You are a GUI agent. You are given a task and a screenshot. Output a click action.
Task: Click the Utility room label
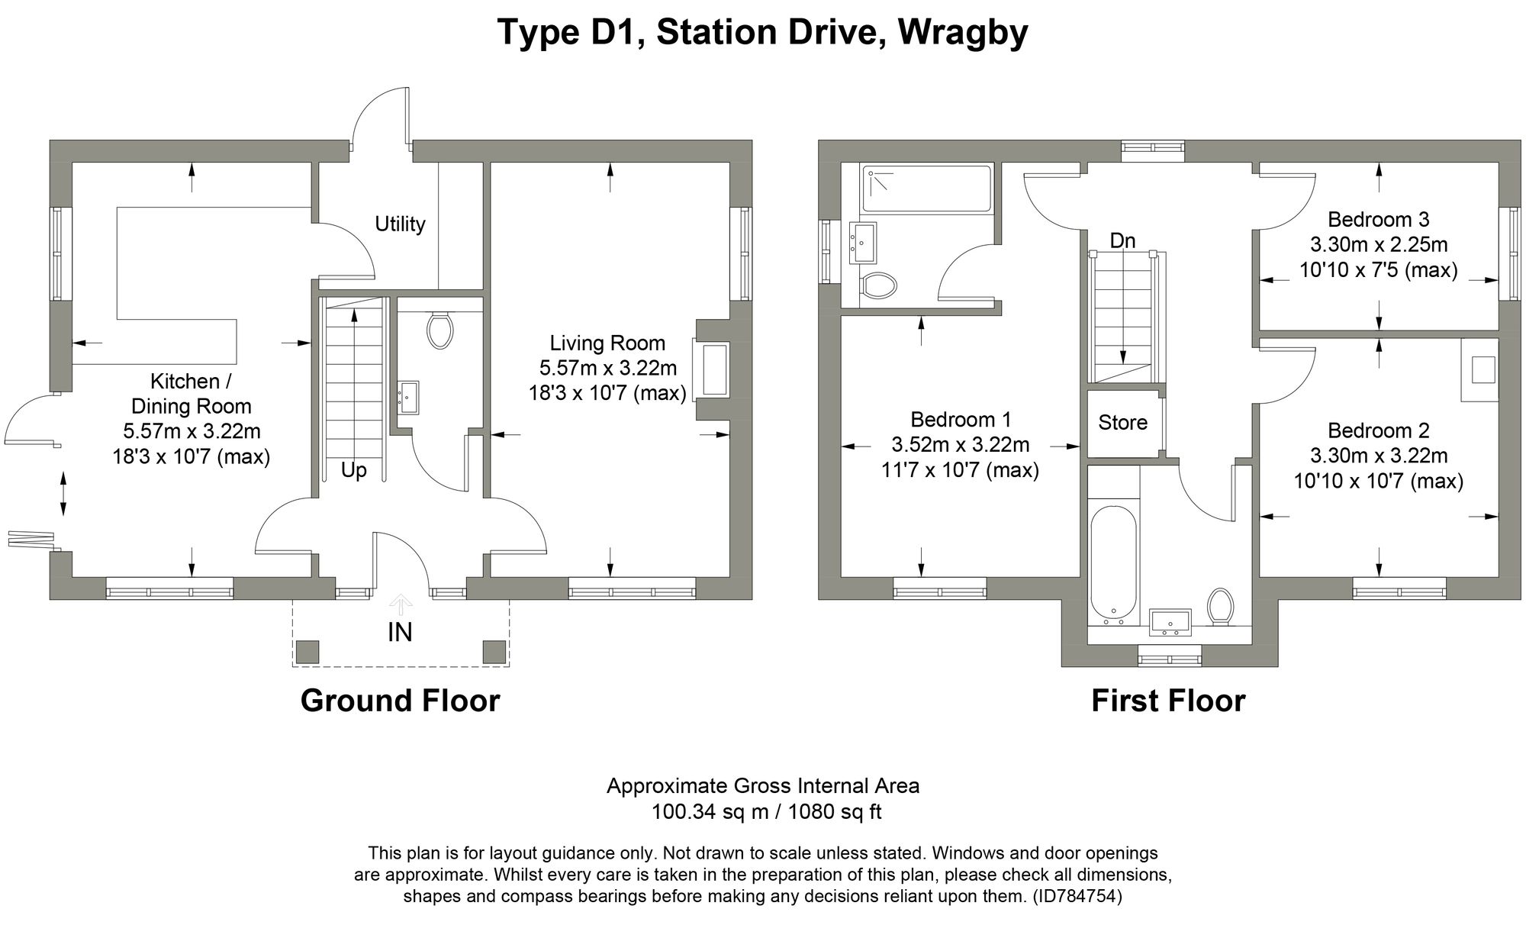click(400, 224)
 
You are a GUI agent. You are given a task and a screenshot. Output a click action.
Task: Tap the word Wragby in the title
click(963, 33)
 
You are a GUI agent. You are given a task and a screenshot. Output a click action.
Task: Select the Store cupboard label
click(1122, 422)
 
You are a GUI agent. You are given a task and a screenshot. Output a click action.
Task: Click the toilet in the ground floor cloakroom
click(440, 330)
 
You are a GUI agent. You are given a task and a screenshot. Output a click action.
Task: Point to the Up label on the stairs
click(353, 470)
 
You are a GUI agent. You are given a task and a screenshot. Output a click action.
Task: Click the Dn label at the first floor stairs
click(1122, 241)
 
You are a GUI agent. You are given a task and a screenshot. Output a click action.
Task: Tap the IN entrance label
click(400, 633)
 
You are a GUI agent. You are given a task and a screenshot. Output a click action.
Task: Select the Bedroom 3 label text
click(1378, 220)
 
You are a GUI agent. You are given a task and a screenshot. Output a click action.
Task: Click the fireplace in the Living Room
click(713, 369)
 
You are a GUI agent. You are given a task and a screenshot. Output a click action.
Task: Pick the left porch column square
click(307, 652)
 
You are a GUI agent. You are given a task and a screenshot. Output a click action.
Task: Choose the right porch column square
click(494, 652)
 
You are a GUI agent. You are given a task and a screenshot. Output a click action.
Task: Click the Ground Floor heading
click(400, 701)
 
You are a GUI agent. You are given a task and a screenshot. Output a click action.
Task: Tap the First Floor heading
click(1167, 701)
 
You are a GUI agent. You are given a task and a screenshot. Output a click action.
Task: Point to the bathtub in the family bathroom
click(1113, 561)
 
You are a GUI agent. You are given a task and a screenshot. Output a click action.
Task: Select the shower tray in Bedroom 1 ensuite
click(926, 188)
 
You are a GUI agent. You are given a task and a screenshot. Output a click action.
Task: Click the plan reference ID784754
click(1077, 896)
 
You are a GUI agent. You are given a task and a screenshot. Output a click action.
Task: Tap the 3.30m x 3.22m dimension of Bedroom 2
click(1378, 456)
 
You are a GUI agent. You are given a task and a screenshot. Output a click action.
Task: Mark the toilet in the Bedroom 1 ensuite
click(878, 286)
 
